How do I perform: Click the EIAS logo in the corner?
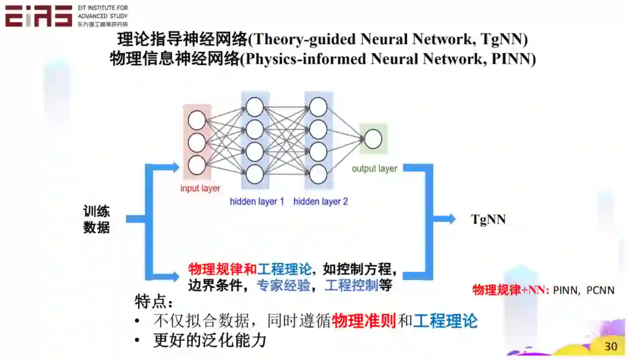38,16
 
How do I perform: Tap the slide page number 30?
610,346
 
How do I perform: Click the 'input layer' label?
200,188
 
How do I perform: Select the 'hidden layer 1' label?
257,202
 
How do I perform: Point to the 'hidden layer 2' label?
320,202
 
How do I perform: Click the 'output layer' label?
374,169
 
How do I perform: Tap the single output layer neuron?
373,139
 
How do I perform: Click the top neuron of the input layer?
197,121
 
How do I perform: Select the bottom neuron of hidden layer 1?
254,173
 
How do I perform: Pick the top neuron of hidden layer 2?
318,107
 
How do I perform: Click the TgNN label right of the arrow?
488,219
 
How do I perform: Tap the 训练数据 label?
96,219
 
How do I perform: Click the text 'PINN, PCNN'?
583,290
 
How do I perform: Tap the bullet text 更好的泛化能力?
209,340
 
